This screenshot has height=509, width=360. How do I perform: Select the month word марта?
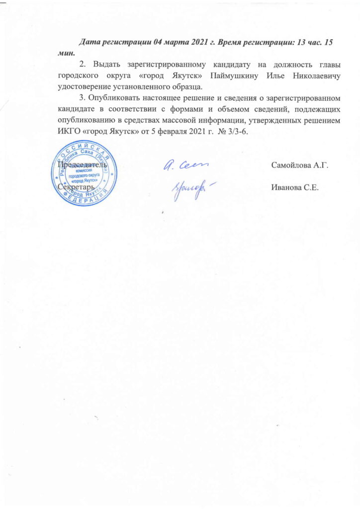171,43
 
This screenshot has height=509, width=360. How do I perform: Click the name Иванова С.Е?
294,187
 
